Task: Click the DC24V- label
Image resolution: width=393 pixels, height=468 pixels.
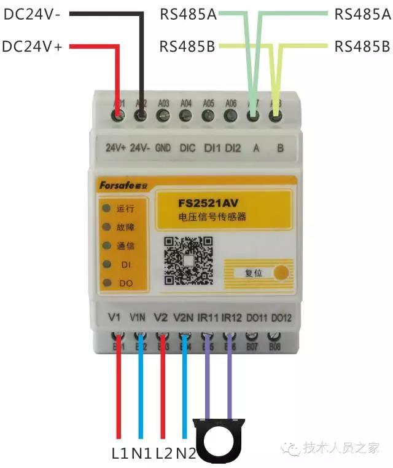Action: coord(32,14)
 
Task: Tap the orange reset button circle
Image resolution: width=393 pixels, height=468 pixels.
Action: coord(282,272)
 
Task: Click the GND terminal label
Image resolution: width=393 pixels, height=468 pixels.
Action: coord(163,148)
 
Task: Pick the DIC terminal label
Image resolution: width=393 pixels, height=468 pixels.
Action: coord(187,148)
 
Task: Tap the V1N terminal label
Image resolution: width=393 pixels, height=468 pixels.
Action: coord(138,318)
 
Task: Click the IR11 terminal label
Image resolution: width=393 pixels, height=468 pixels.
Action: coord(206,318)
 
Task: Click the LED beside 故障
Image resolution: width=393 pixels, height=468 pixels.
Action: coord(107,227)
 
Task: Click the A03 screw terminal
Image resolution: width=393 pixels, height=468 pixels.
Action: coord(163,115)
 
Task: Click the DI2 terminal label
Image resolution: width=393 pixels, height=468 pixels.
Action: coord(233,148)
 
